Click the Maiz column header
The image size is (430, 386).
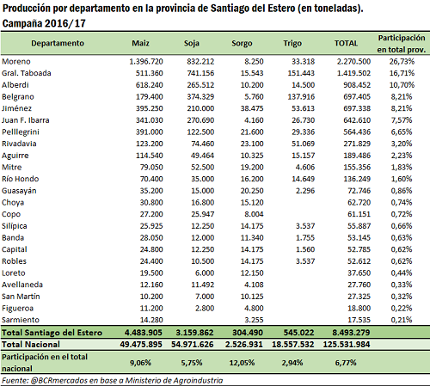pyautogui.click(x=140, y=43)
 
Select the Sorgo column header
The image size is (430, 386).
pyautogui.click(x=242, y=43)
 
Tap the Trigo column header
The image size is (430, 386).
pyautogui.click(x=292, y=43)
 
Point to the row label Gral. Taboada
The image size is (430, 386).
pyautogui.click(x=27, y=73)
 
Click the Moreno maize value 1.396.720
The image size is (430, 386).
pyautogui.click(x=146, y=61)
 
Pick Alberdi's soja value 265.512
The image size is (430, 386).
pyautogui.click(x=200, y=85)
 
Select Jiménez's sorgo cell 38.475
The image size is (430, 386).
pyautogui.click(x=252, y=108)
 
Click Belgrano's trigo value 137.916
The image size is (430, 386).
pyautogui.click(x=301, y=96)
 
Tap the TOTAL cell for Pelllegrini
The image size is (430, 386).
pyautogui.click(x=357, y=132)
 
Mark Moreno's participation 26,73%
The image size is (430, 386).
pyautogui.click(x=402, y=61)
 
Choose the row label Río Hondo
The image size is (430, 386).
pyautogui.click(x=20, y=179)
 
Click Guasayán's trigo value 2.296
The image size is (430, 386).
pyautogui.click(x=305, y=191)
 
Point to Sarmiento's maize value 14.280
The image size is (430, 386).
pyautogui.click(x=151, y=320)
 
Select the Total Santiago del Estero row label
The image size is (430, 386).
pyautogui.click(x=52, y=333)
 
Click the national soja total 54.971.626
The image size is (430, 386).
pyautogui.click(x=193, y=344)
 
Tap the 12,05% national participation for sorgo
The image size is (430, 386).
pyautogui.click(x=242, y=363)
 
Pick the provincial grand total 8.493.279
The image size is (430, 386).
pyautogui.click(x=351, y=333)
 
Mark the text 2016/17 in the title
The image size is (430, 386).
pyautogui.click(x=65, y=23)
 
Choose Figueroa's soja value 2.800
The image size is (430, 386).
pyautogui.click(x=205, y=308)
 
